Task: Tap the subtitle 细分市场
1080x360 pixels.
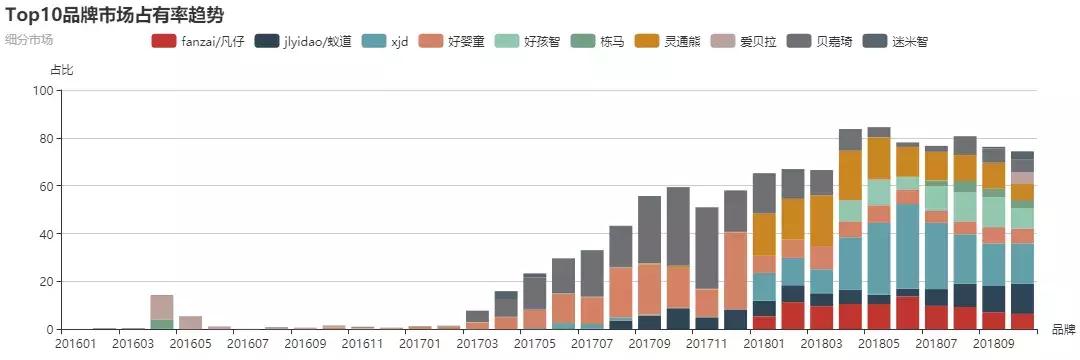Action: pyautogui.click(x=29, y=40)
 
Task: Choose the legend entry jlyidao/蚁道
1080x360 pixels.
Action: pyautogui.click(x=304, y=41)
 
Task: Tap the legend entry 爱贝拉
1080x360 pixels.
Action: pyautogui.click(x=749, y=41)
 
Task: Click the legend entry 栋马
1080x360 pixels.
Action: pyautogui.click(x=599, y=41)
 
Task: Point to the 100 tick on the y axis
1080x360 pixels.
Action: pyautogui.click(x=42, y=91)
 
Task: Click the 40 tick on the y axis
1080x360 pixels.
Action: pyautogui.click(x=45, y=234)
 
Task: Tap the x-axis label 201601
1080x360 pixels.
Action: pyautogui.click(x=76, y=344)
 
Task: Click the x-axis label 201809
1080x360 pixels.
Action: pyautogui.click(x=995, y=344)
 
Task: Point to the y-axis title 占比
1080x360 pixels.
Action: pyautogui.click(x=61, y=70)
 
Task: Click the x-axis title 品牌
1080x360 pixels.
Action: pyautogui.click(x=1064, y=328)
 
